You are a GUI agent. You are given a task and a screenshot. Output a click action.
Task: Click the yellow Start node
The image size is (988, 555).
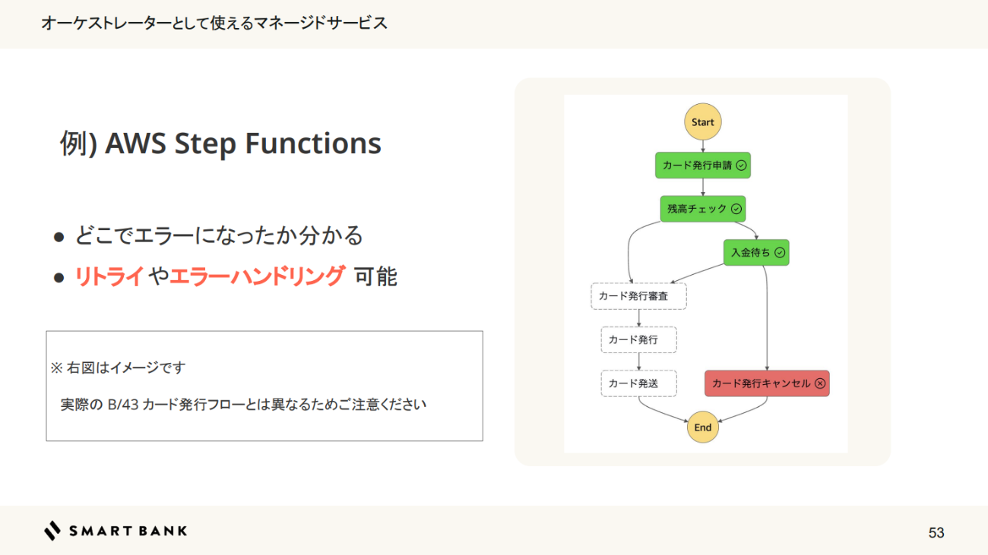(703, 122)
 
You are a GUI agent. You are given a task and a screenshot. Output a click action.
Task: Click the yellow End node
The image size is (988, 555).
(703, 427)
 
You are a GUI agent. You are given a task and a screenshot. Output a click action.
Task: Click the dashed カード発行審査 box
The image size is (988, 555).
(638, 296)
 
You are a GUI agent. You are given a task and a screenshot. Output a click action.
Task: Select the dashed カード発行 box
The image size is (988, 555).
(638, 339)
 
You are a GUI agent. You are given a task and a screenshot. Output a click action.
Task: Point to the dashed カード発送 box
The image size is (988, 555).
(638, 383)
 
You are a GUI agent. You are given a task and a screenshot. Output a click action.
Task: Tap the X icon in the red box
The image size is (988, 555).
(820, 383)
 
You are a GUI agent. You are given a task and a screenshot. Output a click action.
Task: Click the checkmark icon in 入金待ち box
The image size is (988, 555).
(780, 253)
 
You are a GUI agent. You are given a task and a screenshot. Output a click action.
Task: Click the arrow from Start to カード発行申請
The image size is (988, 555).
(703, 146)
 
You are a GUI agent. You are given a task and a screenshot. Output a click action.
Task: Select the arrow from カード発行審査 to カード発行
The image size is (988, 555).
(638, 318)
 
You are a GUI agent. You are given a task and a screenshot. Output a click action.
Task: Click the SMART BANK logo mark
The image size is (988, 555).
(52, 531)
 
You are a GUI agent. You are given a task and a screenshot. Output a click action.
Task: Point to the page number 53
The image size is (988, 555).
(936, 533)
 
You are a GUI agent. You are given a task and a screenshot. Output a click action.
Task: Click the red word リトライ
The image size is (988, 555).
(109, 277)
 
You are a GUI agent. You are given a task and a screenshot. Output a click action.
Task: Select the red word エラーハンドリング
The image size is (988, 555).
(257, 277)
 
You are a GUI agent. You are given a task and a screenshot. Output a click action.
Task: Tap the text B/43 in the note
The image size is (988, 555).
(122, 405)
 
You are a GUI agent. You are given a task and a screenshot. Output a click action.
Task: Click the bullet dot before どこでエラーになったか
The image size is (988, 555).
(59, 238)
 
